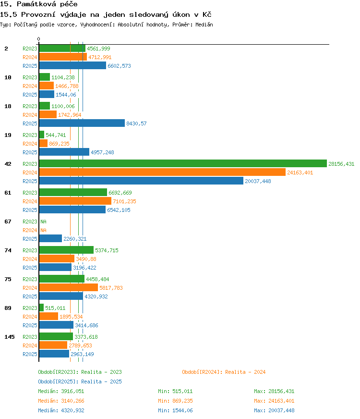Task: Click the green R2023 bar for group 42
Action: click(x=183, y=163)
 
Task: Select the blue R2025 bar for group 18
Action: click(x=82, y=123)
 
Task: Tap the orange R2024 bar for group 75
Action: click(x=69, y=287)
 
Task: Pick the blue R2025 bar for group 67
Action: click(x=50, y=238)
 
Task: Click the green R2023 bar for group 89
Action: click(x=41, y=308)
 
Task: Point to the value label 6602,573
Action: click(x=120, y=66)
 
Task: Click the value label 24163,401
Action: click(x=300, y=173)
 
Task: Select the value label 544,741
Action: click(x=56, y=135)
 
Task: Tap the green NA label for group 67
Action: click(x=44, y=222)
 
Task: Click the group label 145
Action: click(x=10, y=337)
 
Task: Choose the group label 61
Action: click(x=8, y=193)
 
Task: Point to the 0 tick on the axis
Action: click(x=39, y=39)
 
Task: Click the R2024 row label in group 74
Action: click(x=30, y=259)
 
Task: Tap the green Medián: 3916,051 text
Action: click(x=61, y=391)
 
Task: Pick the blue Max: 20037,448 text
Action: click(x=274, y=410)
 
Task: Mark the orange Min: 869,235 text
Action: click(x=175, y=401)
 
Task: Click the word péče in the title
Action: click(x=69, y=4)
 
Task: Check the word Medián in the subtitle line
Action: click(x=204, y=25)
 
